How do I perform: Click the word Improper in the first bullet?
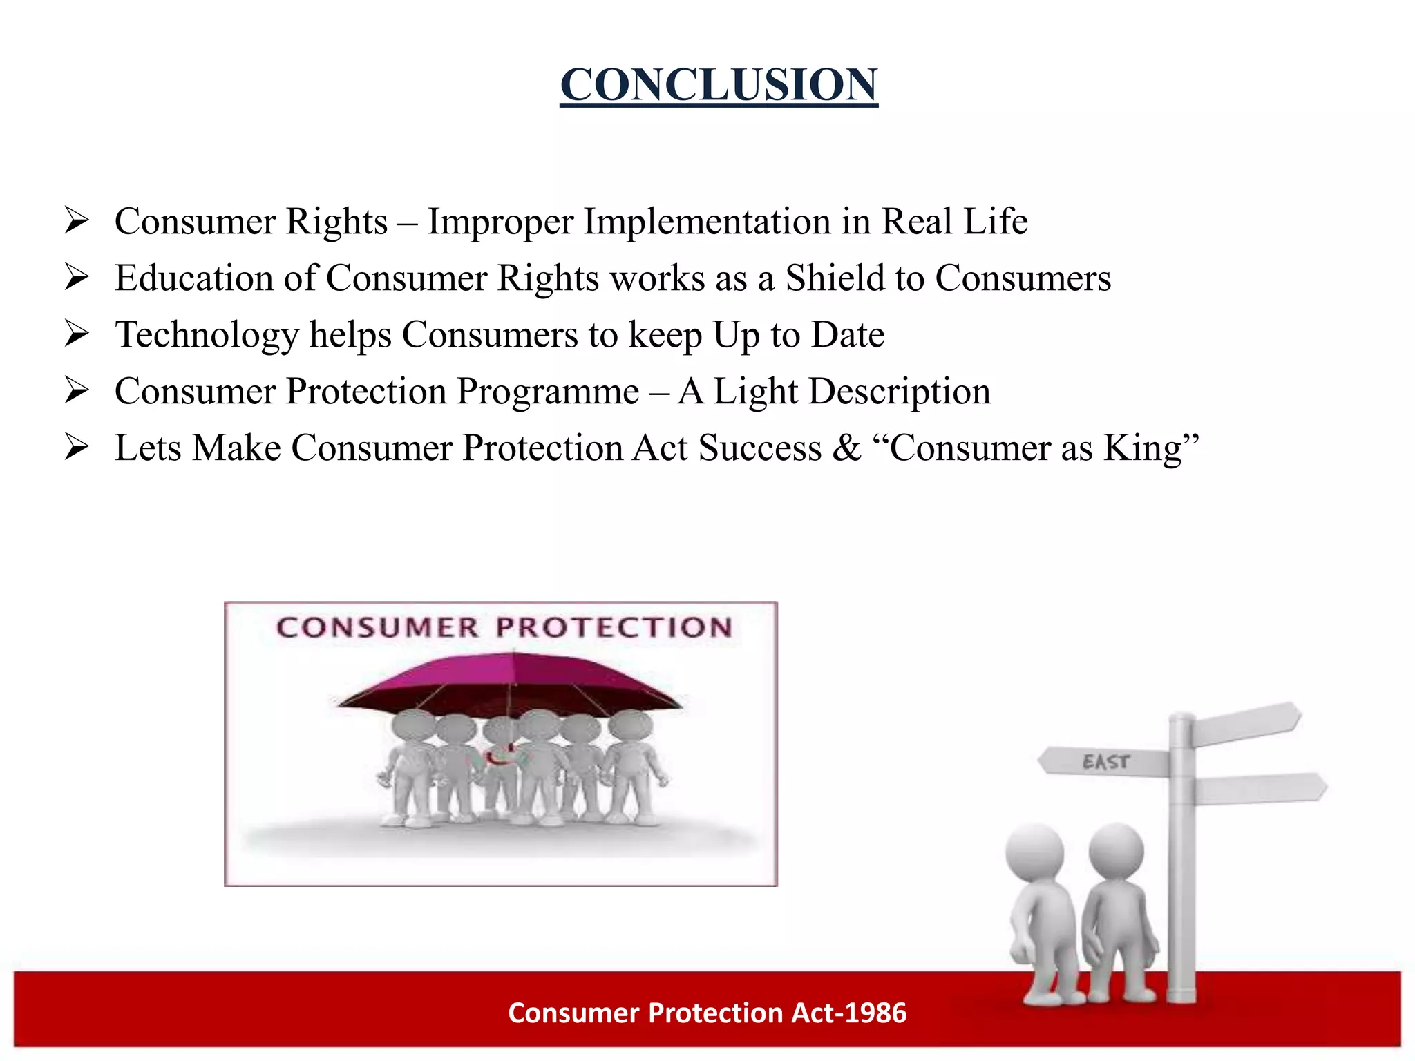point(500,222)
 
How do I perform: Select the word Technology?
point(207,336)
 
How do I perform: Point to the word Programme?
point(548,392)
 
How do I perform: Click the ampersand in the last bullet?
point(846,448)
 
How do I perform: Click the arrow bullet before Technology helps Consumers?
point(77,334)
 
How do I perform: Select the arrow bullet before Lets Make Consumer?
point(77,448)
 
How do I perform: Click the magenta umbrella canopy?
point(511,680)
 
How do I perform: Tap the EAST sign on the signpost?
point(1105,762)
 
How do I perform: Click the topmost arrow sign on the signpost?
point(1247,723)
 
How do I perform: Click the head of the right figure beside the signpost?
point(1115,850)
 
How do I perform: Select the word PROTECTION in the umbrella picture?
point(614,627)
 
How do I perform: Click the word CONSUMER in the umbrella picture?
point(377,627)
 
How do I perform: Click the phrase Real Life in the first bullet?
point(954,222)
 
